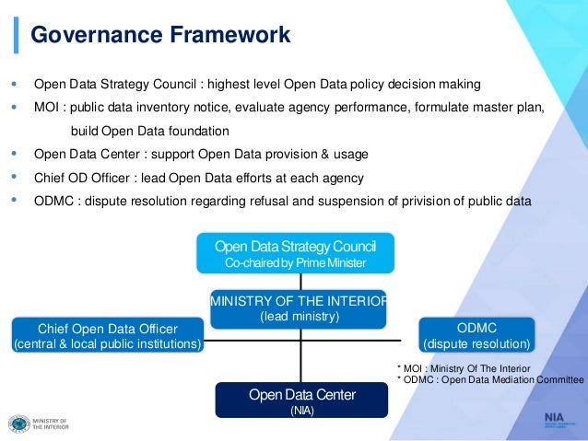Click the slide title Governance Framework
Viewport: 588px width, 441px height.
[160, 35]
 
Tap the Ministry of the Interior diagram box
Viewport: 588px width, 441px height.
[299, 308]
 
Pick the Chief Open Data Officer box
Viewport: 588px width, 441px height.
[108, 335]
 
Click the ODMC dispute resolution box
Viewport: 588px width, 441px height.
[476, 335]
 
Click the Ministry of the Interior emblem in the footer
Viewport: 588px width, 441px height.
[18, 424]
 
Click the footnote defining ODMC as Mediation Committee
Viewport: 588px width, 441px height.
[488, 380]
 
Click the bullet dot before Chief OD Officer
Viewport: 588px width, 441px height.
[13, 177]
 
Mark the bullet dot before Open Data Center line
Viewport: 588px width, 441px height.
[13, 153]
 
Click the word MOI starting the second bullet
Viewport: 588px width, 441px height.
[47, 108]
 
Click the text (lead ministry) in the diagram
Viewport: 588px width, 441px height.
[299, 317]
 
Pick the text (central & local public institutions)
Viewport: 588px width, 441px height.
[108, 345]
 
